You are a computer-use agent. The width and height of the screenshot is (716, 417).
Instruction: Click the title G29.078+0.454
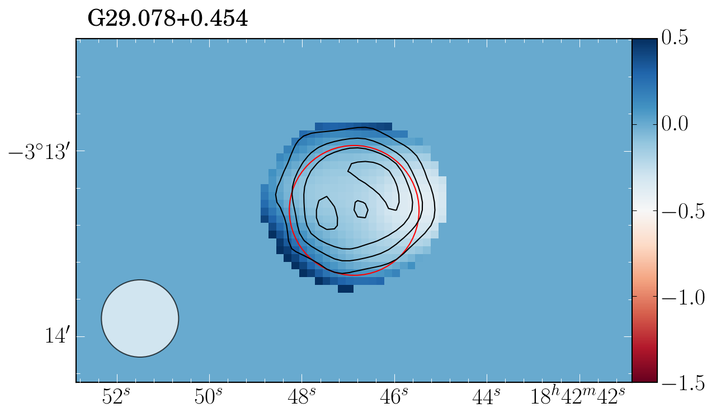click(168, 18)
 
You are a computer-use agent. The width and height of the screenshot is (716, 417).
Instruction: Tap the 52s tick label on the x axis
click(116, 397)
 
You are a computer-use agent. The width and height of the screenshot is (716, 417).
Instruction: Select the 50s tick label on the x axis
click(209, 397)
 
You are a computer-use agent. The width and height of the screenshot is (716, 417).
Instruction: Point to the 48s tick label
click(301, 397)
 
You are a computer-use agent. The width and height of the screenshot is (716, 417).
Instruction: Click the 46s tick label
click(394, 397)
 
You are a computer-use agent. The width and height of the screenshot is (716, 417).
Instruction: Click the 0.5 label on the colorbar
click(675, 39)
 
